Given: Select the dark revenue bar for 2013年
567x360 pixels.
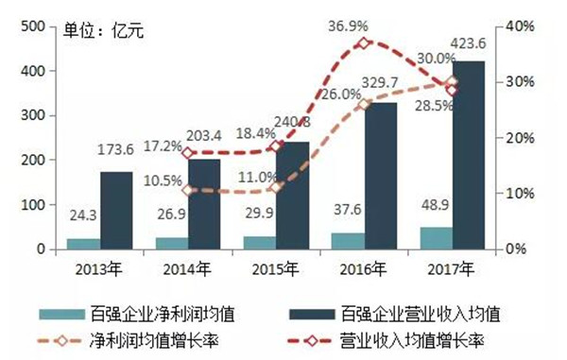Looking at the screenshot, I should (116, 211).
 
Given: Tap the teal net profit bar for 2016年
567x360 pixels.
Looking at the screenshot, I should (348, 241).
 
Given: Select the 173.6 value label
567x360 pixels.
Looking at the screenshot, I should (117, 151).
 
